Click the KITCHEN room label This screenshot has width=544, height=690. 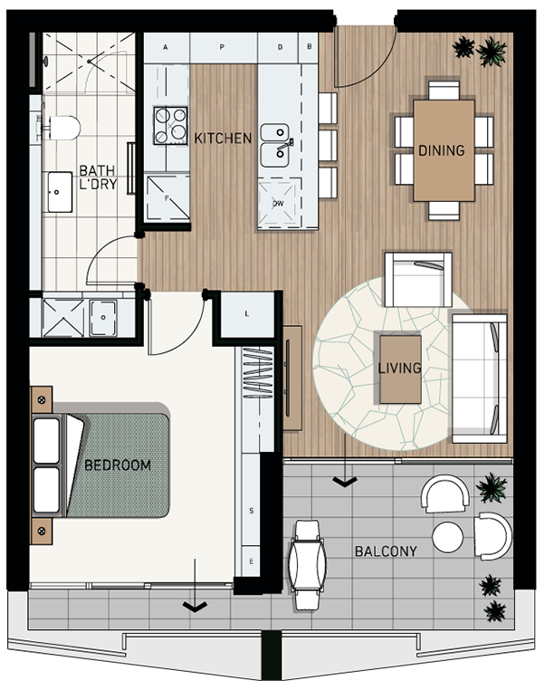coord(223,139)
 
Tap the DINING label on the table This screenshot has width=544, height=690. coord(441,150)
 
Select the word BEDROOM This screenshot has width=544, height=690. coord(118,465)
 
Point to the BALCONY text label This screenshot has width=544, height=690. coord(386,551)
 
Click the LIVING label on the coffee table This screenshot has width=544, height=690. coord(399,368)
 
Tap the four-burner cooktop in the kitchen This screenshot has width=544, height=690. coord(171,126)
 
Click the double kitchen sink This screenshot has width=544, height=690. coord(275,146)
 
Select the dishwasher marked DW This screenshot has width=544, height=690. coord(277,203)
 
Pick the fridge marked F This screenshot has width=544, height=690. coord(167,197)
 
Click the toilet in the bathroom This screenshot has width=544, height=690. coord(62,128)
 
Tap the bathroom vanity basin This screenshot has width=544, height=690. coord(60,192)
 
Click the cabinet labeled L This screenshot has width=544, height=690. coord(247,314)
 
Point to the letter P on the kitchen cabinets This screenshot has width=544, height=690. coord(222,47)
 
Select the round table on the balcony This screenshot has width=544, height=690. coord(448,537)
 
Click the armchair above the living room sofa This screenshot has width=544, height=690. coord(418,279)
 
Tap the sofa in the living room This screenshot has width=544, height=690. coord(480,379)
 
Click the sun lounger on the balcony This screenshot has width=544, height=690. coord(308,564)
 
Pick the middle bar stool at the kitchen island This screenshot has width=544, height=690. coord(328,145)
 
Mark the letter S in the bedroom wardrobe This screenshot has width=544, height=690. coord(252,511)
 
